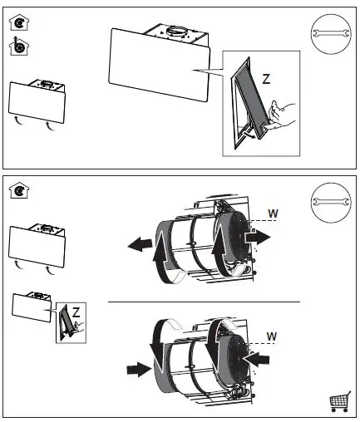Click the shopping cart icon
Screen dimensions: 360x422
340,401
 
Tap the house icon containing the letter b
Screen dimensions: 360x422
19,46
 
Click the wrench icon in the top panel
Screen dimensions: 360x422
331,33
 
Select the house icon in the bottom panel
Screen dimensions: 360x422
19,190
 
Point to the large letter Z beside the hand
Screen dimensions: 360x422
266,79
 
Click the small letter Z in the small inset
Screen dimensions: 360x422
76,312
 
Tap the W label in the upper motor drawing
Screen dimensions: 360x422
273,213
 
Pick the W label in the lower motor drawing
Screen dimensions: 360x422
272,336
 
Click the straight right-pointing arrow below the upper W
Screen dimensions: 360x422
258,238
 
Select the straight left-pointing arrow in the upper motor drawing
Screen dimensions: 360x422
140,244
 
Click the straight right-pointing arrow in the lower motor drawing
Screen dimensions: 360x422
139,369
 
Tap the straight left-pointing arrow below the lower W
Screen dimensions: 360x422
256,359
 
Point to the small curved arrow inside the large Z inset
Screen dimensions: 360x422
249,135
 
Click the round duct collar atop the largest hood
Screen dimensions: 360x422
176,32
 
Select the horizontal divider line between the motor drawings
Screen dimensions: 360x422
204,302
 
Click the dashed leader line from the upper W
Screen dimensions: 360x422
263,221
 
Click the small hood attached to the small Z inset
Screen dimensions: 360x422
32,307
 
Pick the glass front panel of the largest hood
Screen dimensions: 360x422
159,65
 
